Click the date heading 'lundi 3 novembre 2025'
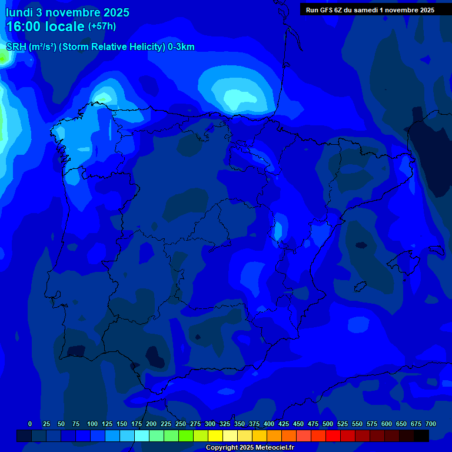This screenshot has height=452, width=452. (68, 12)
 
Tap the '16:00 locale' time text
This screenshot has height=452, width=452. (45, 26)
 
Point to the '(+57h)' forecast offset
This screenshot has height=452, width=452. (102, 26)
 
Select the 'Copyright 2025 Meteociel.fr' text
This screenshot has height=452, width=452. (250, 448)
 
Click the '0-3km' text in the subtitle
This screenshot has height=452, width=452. (181, 47)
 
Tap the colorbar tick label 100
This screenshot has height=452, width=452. (92, 424)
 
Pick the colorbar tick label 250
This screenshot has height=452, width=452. (181, 424)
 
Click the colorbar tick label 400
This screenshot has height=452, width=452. (269, 424)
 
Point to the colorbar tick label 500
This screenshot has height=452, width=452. (328, 424)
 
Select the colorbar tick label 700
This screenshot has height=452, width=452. (431, 424)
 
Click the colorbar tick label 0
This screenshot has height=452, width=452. (30, 424)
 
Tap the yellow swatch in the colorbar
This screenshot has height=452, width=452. (215, 436)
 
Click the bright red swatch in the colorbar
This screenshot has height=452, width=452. (333, 436)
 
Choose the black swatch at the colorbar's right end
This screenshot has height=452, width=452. (421, 436)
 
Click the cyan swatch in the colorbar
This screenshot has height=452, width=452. (142, 436)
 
